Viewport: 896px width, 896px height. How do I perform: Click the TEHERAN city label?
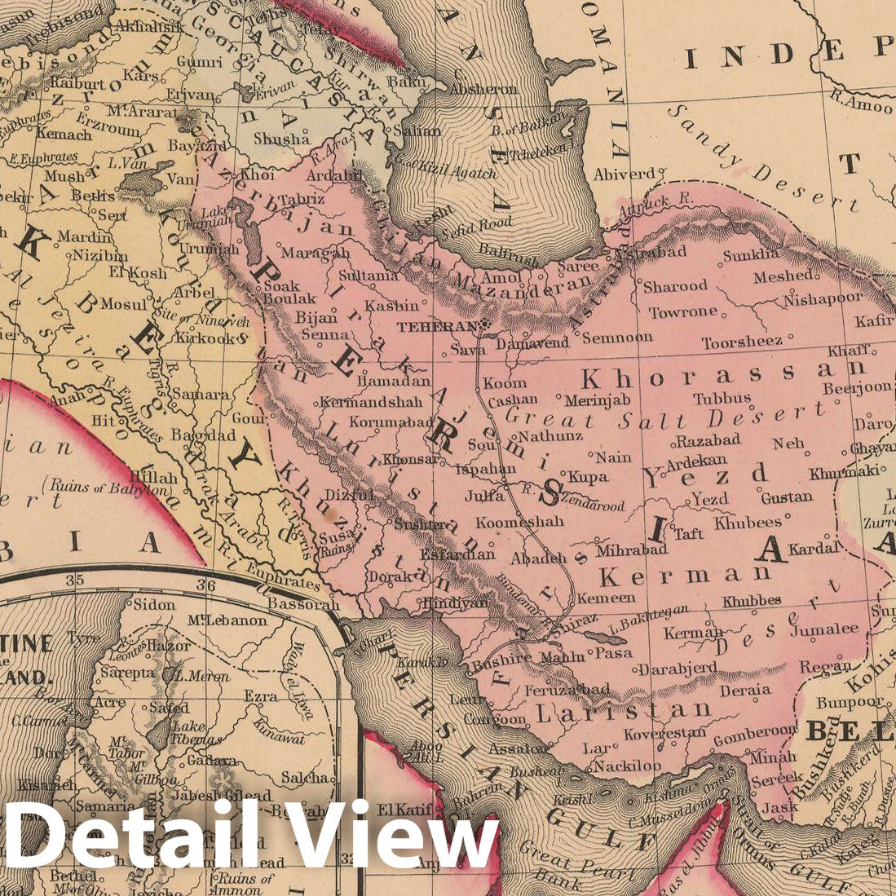click(436, 326)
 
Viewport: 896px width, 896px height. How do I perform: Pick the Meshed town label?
click(782, 277)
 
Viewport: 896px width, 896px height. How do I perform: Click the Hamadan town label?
click(394, 380)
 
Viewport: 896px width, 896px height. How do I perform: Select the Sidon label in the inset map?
click(153, 605)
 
